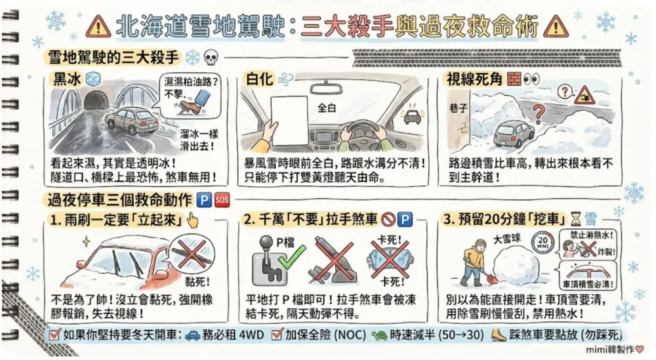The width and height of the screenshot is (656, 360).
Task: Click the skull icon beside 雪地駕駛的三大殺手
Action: (x=211, y=58)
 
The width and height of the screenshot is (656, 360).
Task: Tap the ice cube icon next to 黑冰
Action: (x=93, y=78)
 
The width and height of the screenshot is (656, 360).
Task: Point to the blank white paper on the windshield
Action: (x=289, y=121)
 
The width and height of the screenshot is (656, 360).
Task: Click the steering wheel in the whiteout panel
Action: (x=363, y=134)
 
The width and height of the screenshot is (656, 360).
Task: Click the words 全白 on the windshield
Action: (x=327, y=108)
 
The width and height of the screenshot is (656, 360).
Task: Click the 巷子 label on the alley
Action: (x=458, y=108)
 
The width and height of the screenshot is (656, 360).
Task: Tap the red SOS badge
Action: (x=222, y=200)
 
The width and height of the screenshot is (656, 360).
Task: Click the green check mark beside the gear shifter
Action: (x=292, y=256)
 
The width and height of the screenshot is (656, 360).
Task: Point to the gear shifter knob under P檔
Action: (x=266, y=243)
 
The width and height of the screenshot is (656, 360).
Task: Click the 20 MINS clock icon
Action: (x=543, y=242)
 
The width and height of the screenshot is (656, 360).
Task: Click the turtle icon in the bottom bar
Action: (x=379, y=335)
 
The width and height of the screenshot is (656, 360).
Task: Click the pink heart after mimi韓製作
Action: (x=639, y=349)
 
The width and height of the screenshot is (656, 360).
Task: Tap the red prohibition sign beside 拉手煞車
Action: (x=388, y=219)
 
